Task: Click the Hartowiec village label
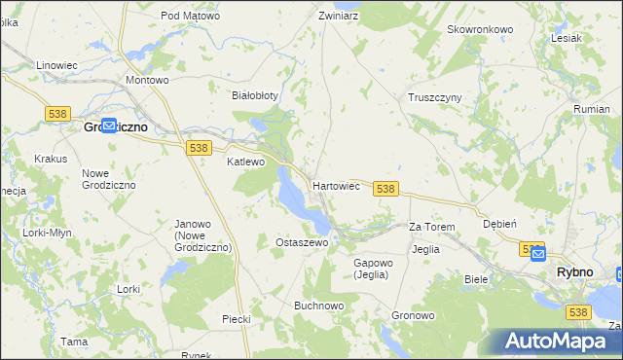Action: pos(337,185)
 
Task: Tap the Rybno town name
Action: pos(574,272)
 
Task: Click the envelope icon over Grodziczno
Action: pos(109,126)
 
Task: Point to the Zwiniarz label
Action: pos(339,17)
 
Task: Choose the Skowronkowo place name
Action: pos(480,29)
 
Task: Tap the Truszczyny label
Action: pos(434,97)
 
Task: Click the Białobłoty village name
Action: pos(255,95)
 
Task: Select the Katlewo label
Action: pos(245,162)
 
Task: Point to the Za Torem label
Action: pos(431,227)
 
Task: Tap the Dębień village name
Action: pos(499,223)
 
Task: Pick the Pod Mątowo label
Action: pos(190,17)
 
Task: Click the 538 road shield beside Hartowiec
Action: pos(385,189)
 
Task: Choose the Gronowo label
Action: pos(413,316)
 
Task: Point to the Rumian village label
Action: pos(592,109)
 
